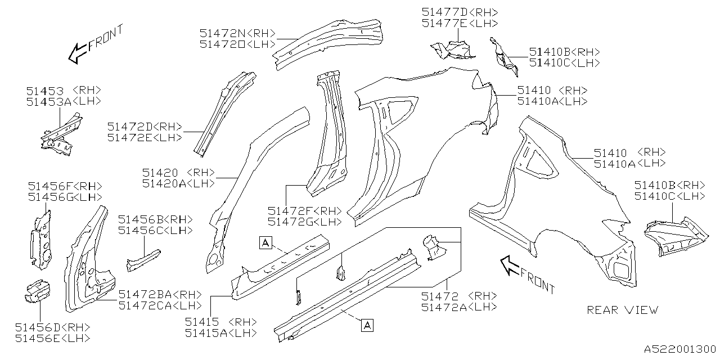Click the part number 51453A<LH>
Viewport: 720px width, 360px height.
(63, 101)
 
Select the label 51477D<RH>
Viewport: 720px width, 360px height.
(460, 12)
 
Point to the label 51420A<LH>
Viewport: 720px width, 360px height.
(178, 183)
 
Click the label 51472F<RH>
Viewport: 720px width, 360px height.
(304, 210)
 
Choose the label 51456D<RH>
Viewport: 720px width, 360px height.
(52, 327)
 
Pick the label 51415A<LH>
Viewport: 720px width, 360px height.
(220, 333)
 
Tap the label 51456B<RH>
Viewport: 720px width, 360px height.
(155, 219)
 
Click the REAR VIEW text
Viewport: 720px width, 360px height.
(622, 310)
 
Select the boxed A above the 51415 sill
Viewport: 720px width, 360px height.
(265, 242)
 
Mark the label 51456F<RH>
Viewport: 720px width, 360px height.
(65, 186)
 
